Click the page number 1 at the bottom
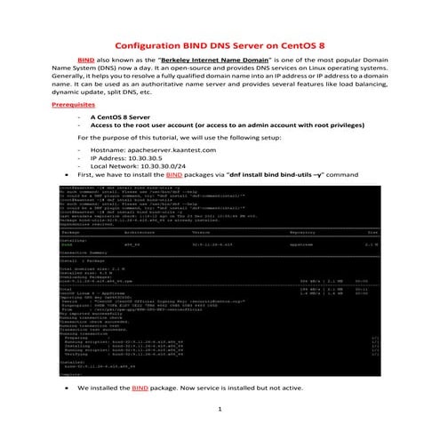[x=219, y=409]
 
